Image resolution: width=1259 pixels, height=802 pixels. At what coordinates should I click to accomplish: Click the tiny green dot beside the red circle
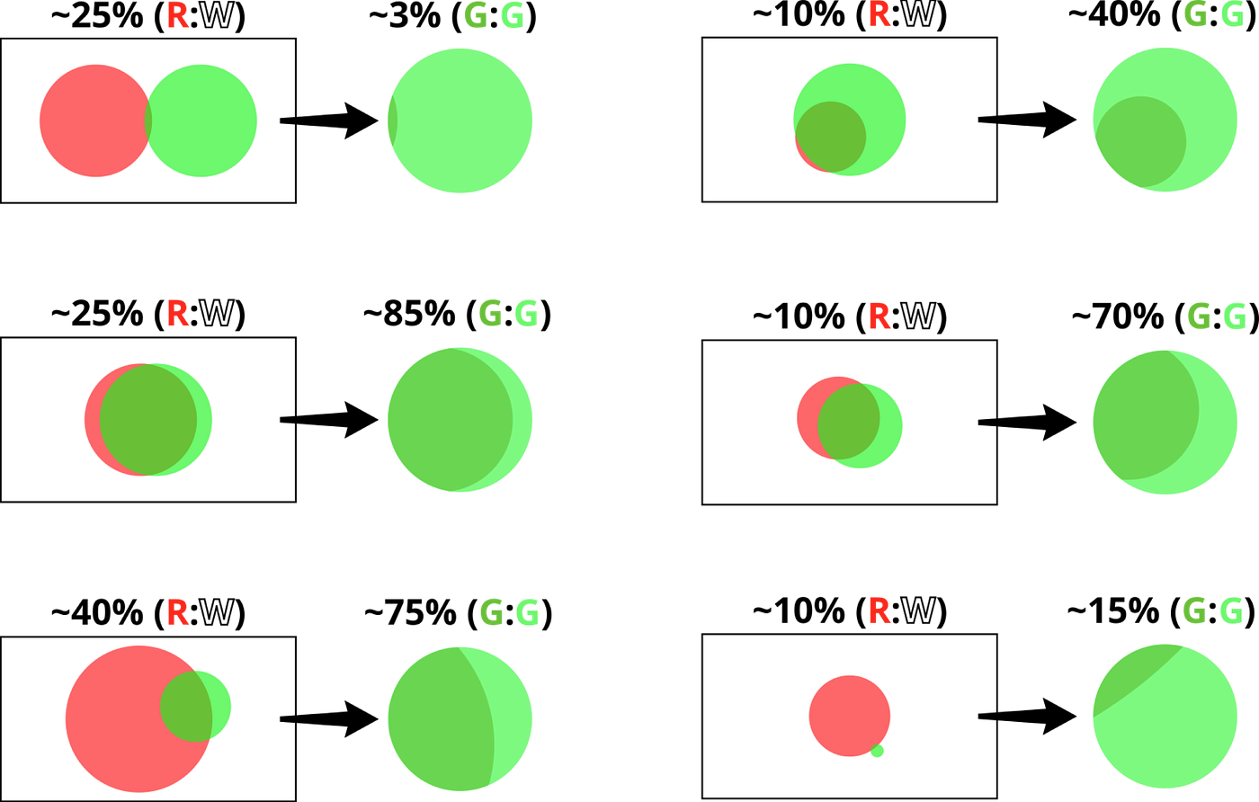click(x=877, y=751)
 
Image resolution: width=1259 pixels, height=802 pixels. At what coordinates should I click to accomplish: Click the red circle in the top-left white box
click(x=90, y=120)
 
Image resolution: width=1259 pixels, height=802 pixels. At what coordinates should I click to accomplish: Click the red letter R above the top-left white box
click(x=177, y=15)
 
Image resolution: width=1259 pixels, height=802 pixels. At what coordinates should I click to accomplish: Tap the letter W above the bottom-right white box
click(x=918, y=611)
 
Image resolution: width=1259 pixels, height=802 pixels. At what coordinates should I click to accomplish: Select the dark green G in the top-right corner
click(x=1193, y=14)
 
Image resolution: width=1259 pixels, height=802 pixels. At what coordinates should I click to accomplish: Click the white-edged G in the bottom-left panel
click(x=528, y=611)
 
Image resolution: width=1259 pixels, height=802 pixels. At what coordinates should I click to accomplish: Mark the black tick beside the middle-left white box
click(x=288, y=420)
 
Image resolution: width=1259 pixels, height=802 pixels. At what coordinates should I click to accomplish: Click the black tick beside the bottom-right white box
click(x=987, y=716)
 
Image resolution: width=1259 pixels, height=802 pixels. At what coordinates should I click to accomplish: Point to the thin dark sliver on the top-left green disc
click(x=391, y=120)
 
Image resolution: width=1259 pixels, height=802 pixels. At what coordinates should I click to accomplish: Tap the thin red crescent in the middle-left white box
click(x=91, y=420)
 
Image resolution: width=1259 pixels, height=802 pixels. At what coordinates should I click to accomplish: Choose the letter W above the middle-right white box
click(x=918, y=316)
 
